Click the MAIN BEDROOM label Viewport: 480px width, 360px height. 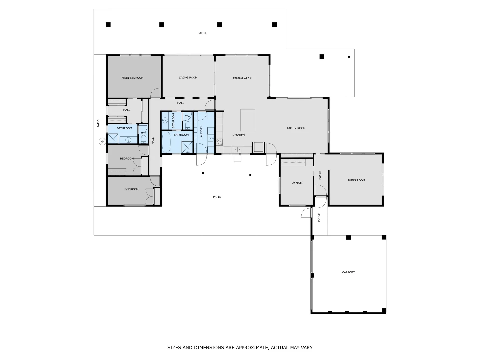(x=133, y=78)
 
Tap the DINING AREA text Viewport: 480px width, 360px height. (x=242, y=78)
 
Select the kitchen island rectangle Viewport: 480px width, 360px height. (x=248, y=120)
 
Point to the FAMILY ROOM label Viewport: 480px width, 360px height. (x=296, y=128)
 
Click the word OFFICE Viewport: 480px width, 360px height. (x=297, y=183)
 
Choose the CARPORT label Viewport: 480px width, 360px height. (x=348, y=272)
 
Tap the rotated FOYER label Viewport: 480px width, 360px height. (x=320, y=175)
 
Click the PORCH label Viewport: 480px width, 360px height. (x=319, y=217)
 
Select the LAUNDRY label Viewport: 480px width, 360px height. (x=201, y=132)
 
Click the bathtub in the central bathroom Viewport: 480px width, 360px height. (x=166, y=142)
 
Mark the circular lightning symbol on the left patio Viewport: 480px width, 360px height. (x=102, y=142)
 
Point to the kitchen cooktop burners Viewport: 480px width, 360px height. (x=219, y=142)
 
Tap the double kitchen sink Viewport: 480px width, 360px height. (x=237, y=150)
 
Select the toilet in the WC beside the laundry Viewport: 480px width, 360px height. (x=188, y=125)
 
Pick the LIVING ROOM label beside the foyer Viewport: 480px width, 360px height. (x=356, y=181)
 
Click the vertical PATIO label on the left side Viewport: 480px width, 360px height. (x=98, y=123)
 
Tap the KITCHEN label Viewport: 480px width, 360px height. (x=239, y=136)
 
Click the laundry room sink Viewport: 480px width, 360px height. (x=211, y=139)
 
